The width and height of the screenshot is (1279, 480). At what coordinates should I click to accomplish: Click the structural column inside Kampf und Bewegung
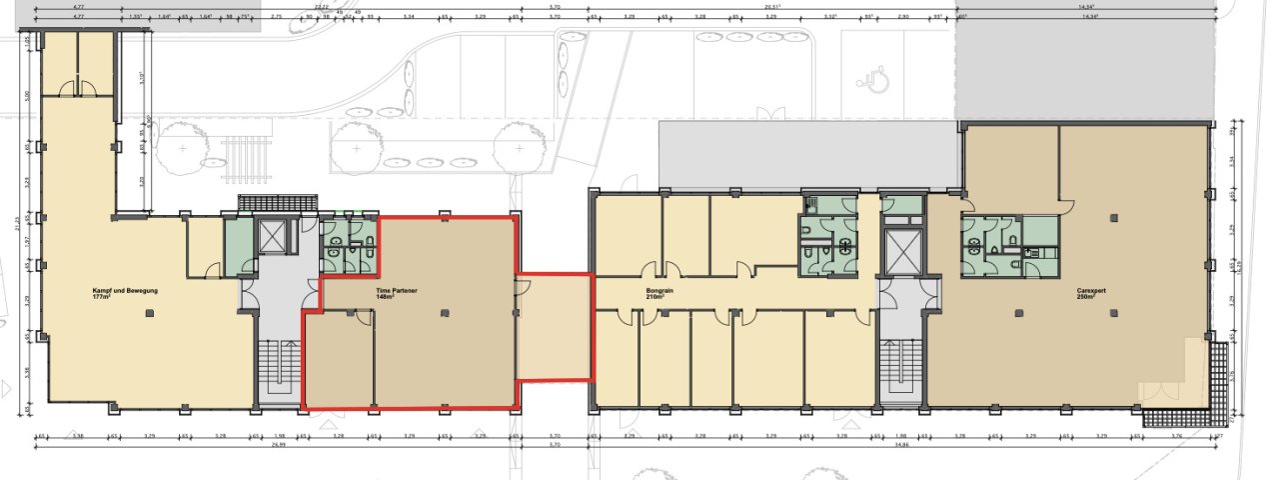[149, 314]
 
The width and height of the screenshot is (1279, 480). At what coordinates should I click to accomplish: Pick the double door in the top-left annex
[78, 90]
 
